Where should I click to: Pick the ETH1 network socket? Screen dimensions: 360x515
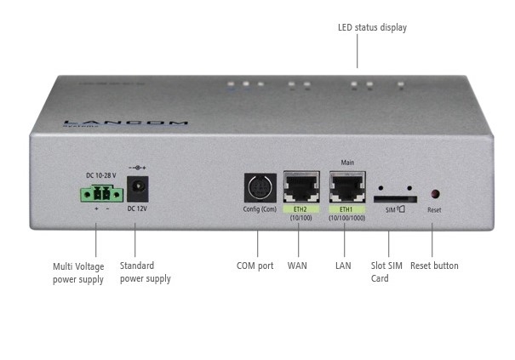click(x=346, y=186)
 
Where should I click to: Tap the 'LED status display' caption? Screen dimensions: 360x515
click(x=372, y=28)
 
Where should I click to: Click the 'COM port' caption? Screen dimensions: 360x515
click(x=255, y=266)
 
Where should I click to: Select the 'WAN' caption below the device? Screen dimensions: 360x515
click(x=297, y=266)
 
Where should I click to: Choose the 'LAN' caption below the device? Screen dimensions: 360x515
click(x=344, y=266)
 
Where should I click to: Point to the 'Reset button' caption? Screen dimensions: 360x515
click(x=434, y=266)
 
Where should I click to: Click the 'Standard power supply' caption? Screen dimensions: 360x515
click(x=146, y=272)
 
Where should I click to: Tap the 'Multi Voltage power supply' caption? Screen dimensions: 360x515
click(x=78, y=272)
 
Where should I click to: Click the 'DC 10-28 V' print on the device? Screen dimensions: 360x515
click(x=101, y=175)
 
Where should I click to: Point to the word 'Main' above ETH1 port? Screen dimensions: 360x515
click(x=346, y=162)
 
